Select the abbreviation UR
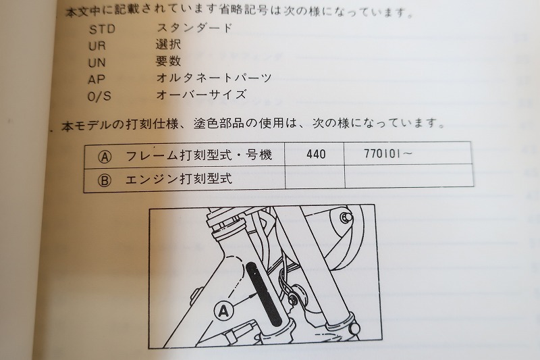coord(97,45)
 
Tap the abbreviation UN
coord(97,61)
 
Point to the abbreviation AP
coord(97,78)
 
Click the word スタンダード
coord(194,28)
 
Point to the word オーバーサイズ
coord(201,95)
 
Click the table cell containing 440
coord(315,154)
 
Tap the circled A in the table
coord(105,155)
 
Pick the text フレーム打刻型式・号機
coord(199,155)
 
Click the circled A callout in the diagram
coord(223,311)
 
